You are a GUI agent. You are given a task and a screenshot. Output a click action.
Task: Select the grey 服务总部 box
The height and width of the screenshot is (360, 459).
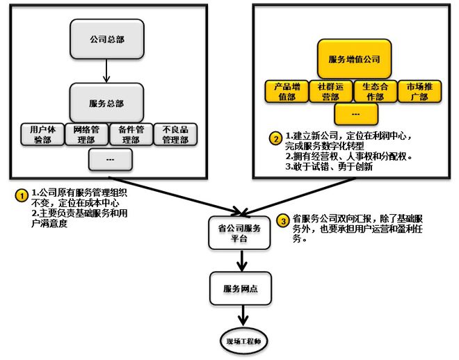point(106,103)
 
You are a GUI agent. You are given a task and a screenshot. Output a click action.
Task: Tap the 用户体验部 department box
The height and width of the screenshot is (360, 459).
point(40,134)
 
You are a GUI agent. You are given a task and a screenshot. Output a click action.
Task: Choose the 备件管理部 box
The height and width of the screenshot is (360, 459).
point(130,134)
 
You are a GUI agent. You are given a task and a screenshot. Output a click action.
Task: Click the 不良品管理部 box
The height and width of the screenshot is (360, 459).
point(175,134)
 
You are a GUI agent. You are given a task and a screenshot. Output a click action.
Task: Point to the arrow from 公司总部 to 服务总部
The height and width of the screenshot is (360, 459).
point(105,69)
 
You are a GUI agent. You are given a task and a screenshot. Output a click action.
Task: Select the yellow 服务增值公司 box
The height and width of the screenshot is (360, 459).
point(355,60)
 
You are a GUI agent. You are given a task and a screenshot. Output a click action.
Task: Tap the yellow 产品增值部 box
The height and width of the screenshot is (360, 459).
point(286,92)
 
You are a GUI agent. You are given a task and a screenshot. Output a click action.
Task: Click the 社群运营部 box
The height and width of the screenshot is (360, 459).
point(331,92)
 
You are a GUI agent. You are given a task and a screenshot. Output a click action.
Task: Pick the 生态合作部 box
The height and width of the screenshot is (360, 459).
point(376,92)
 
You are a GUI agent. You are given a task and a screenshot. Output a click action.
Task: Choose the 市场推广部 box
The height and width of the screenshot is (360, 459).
point(421,92)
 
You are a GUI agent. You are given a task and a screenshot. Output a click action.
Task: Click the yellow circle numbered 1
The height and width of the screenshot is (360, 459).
point(20,195)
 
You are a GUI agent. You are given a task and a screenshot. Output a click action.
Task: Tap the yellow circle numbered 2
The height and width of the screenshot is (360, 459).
point(275,138)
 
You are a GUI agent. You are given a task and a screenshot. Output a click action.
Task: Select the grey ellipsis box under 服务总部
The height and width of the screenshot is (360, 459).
point(111,160)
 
